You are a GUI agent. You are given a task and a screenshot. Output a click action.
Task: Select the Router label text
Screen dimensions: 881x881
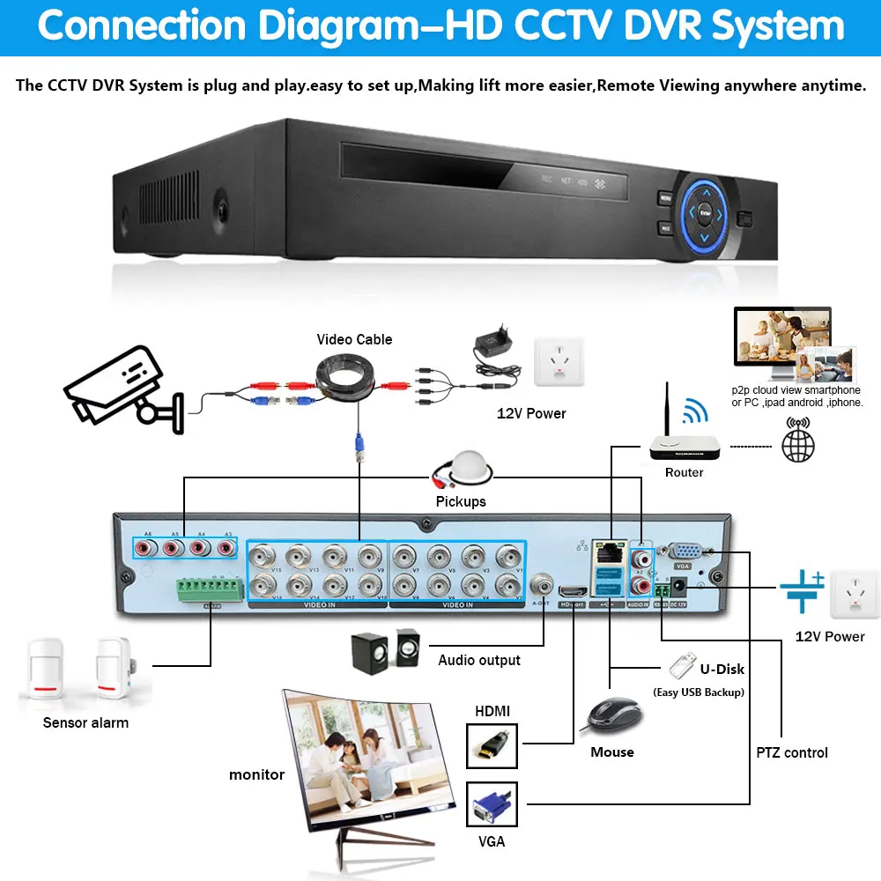[x=684, y=473]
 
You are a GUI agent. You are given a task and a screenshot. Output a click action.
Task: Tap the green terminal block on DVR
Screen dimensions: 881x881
[x=210, y=590]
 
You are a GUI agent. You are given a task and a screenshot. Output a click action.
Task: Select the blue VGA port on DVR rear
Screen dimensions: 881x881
[x=687, y=553]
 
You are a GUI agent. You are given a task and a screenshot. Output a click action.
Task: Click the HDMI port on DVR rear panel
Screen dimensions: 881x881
[x=573, y=594]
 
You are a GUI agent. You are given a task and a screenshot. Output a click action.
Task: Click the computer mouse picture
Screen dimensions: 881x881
[x=611, y=715]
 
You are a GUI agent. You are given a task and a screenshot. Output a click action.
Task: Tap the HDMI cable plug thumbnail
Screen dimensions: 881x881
[x=492, y=745]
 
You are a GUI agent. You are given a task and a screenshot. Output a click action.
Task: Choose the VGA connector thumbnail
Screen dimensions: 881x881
[x=492, y=804]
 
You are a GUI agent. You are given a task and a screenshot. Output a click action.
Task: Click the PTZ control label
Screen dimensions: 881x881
[x=792, y=752]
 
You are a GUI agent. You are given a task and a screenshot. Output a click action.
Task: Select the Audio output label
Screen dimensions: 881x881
[x=479, y=660]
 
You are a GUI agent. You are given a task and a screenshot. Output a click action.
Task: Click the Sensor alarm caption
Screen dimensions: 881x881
[x=85, y=722]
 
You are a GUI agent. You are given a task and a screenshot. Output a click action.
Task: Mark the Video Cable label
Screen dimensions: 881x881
[x=354, y=339]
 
